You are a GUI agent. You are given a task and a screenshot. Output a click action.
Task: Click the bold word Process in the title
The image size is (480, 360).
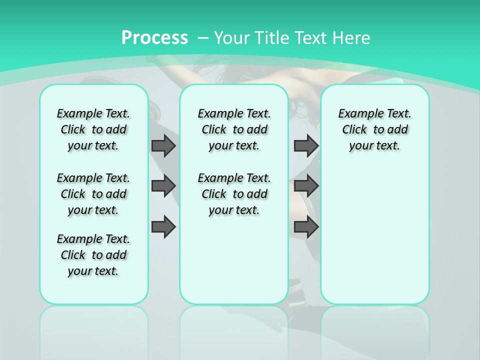point(154,37)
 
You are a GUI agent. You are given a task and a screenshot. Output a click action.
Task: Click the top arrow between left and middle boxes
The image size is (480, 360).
point(163,145)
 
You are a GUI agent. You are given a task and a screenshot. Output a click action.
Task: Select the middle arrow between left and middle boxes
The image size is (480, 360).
point(163,186)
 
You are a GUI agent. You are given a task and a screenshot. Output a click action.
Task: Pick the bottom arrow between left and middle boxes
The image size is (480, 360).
point(163,226)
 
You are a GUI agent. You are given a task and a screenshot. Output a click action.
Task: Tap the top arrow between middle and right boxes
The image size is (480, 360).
point(306,145)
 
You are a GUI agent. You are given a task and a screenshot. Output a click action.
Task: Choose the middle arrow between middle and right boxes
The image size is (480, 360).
point(306,186)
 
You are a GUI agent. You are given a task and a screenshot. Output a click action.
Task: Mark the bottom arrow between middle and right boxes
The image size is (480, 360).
point(306,226)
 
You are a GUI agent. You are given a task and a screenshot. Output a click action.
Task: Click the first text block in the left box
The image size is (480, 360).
point(93,129)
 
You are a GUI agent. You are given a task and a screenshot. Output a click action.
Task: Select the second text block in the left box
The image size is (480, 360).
point(93,194)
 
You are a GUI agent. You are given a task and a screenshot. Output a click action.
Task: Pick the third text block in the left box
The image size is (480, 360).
point(93,255)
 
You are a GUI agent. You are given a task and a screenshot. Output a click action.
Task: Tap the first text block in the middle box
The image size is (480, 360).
point(234,129)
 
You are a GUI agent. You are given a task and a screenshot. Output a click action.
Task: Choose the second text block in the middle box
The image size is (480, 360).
point(234,194)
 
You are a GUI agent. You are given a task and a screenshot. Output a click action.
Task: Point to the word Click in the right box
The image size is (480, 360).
point(354,130)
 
